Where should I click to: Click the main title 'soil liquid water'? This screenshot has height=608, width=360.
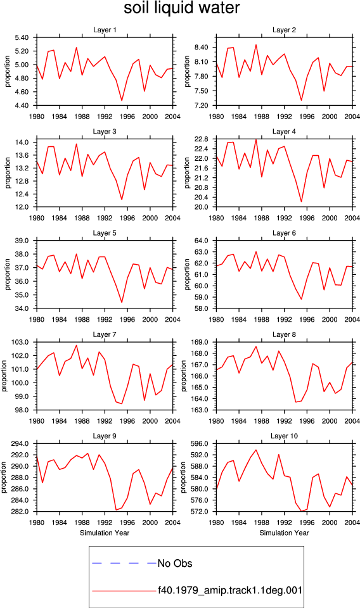coord(181,8)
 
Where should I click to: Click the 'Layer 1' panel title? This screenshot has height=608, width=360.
coord(105,30)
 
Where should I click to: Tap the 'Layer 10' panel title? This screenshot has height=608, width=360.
coord(285,436)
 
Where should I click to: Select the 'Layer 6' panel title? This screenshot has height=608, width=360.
coord(285,233)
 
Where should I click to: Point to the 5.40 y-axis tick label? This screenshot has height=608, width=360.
coord(22,37)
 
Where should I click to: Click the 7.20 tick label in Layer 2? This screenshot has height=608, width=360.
coord(201,106)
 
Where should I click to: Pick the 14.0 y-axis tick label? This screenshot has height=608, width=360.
coord(23,142)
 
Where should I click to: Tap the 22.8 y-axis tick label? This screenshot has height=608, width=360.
coord(202,139)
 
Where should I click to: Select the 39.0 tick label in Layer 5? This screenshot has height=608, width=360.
coord(23,241)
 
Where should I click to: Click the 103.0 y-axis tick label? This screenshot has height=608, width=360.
coord(21,343)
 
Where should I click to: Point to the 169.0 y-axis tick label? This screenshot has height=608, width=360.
coord(200,343)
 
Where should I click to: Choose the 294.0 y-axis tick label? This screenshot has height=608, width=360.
coord(21,443)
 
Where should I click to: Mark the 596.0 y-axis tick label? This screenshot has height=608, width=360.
coord(200,443)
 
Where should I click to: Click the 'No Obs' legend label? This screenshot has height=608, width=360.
coord(175,564)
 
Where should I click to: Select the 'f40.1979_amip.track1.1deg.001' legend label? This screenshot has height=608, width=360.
coord(230,590)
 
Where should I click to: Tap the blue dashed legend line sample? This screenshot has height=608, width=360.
coord(124,563)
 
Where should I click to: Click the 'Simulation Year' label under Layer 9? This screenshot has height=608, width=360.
coord(105,533)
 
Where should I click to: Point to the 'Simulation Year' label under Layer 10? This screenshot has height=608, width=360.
coord(285,533)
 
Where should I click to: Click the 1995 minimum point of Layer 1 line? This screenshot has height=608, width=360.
coord(122,101)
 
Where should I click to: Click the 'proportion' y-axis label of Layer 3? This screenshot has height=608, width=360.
coord(8,173)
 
